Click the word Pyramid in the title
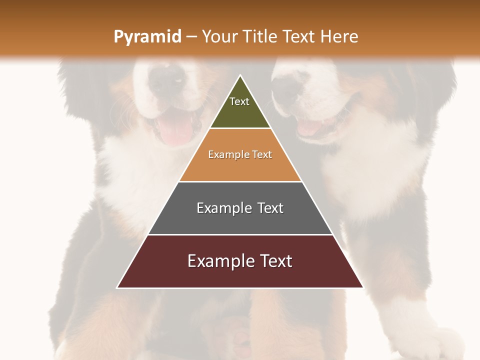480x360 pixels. tap(147, 37)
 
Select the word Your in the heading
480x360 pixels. tap(218, 36)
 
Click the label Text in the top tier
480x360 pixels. tap(239, 101)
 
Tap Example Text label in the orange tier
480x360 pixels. tap(240, 154)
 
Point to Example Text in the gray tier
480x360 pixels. tap(240, 208)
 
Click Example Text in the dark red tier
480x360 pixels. tap(240, 261)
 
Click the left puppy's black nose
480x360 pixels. tap(167, 80)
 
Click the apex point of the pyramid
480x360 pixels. tap(240, 75)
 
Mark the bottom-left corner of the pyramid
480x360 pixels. tap(117, 287)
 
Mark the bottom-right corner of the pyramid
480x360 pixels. tap(363, 287)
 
